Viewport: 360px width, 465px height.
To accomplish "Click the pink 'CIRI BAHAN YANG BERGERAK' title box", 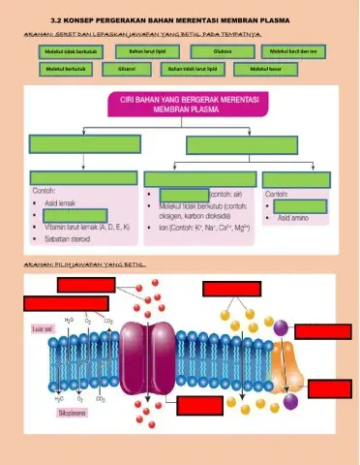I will [x=180, y=106].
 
